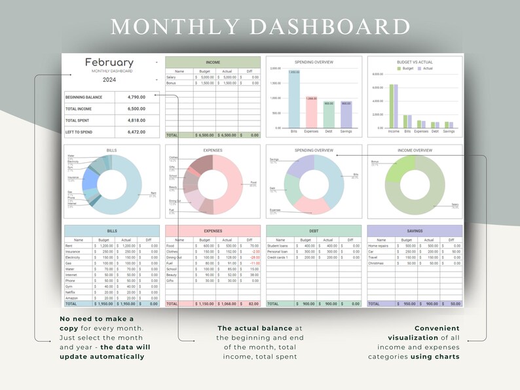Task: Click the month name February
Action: pos(109,63)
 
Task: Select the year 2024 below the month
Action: pos(109,80)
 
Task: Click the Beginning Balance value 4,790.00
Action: pos(136,97)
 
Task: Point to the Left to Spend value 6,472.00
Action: pos(136,132)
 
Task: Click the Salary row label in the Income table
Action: pos(171,77)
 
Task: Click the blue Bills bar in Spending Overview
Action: pos(294,99)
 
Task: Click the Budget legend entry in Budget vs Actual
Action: pos(406,68)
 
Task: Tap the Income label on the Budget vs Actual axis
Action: pos(394,132)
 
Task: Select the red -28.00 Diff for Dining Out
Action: pos(255,257)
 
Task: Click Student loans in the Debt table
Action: pos(278,246)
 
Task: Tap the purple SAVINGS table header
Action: pos(414,231)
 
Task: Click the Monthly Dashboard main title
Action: pos(260,27)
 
